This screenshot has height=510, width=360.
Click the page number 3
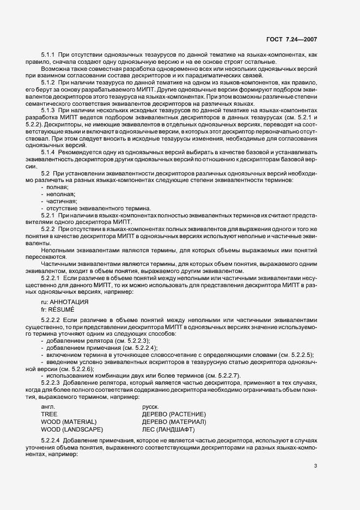[x=316, y=465]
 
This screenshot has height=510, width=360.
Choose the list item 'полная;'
[x=57, y=187]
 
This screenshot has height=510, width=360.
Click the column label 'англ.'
[x=48, y=407]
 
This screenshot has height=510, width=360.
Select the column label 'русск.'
[x=150, y=407]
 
